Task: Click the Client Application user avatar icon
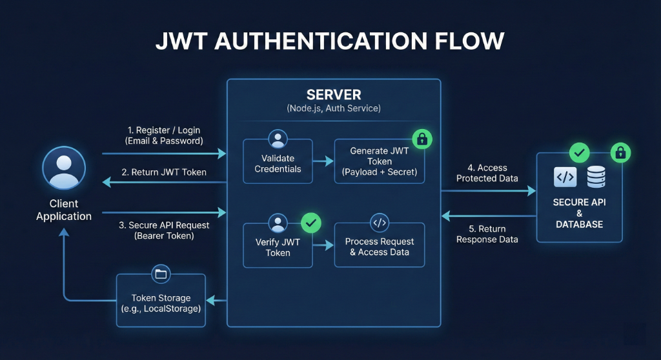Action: [64, 168]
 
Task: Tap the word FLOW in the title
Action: [469, 41]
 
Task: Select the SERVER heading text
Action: [334, 94]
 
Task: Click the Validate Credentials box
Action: [278, 161]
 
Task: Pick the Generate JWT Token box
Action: [380, 161]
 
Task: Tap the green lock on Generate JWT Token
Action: [422, 139]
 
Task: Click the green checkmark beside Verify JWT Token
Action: [311, 223]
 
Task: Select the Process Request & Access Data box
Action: [380, 245]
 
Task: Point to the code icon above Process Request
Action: [380, 223]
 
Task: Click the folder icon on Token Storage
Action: [161, 274]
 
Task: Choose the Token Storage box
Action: [161, 301]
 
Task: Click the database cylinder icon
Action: [596, 177]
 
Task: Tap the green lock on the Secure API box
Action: [620, 153]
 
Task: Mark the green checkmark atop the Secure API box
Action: [579, 153]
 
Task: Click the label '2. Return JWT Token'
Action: [164, 172]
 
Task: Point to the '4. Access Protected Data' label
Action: [487, 173]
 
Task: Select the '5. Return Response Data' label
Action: [487, 234]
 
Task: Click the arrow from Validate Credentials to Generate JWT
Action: [323, 161]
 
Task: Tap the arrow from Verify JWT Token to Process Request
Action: [323, 245]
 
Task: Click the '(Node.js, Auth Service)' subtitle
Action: [334, 108]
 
